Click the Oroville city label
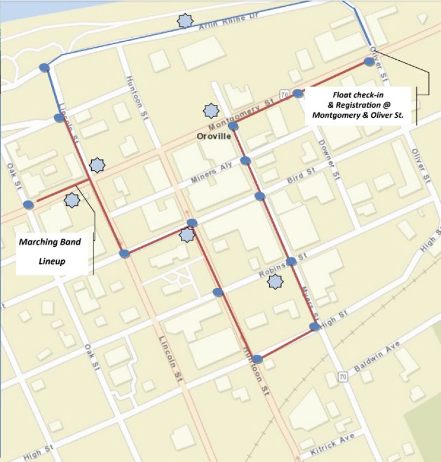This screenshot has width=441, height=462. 214,137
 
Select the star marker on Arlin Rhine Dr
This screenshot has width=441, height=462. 184,21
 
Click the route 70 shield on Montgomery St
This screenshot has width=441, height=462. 284,94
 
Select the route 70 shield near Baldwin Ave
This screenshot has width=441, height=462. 343,376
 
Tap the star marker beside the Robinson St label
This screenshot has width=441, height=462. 276,282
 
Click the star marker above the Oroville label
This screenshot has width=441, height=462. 211,110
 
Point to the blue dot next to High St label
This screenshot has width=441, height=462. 315,327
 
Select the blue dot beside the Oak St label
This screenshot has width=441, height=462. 28,204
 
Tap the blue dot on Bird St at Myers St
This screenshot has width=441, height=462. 260,196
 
